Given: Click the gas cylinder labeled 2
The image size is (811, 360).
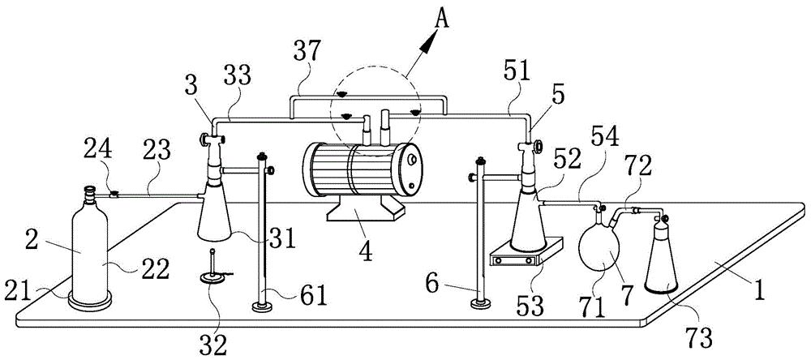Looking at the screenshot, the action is tap(90, 248).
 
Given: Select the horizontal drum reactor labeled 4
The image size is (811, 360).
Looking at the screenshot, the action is tap(362, 169).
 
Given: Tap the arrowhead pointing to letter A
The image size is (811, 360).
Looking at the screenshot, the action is tap(428, 42).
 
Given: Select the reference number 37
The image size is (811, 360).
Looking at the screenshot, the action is tap(307, 52).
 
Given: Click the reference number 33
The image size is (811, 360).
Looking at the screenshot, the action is tap(238, 75).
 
